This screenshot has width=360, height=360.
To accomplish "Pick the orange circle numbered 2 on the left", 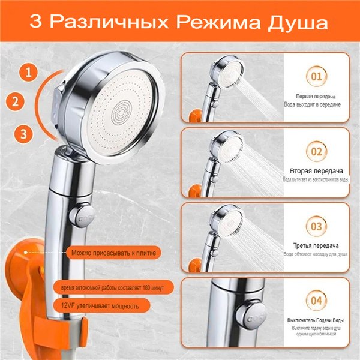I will (17, 101).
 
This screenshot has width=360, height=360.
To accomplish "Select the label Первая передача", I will (315, 96).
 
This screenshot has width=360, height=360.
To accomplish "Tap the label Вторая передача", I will (315, 170).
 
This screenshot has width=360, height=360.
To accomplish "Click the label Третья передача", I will (315, 245).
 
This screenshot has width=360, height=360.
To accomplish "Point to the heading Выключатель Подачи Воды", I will (315, 319).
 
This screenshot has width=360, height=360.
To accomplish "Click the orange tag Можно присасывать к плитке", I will (113, 253).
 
